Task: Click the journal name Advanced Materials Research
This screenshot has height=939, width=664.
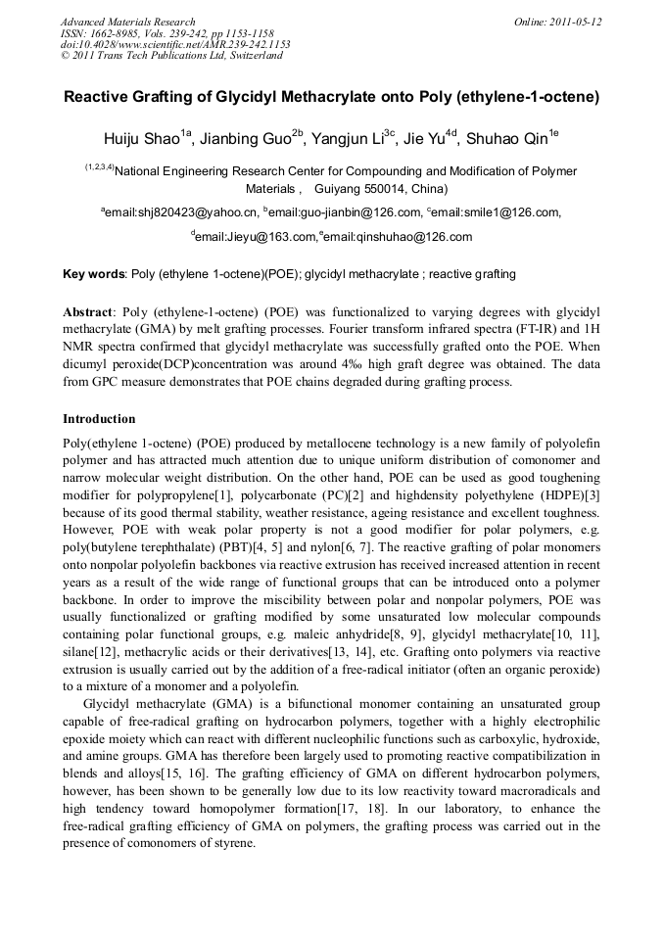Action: [x=127, y=22]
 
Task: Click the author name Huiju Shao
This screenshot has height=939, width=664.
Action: [x=142, y=139]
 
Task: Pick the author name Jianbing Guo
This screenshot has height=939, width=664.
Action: [x=247, y=139]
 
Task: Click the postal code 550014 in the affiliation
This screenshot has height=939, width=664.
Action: [x=385, y=188]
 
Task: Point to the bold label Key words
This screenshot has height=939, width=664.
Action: [x=94, y=274]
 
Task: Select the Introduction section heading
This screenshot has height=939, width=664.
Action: [x=99, y=419]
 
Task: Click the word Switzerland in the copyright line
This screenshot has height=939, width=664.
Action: [x=255, y=56]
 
